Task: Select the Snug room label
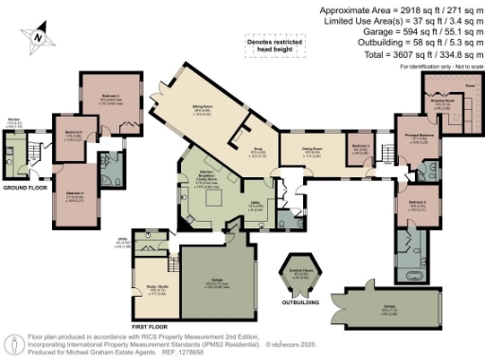[x=256, y=150]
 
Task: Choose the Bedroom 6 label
[x=71, y=133]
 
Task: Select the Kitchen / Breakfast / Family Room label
[x=198, y=177]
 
